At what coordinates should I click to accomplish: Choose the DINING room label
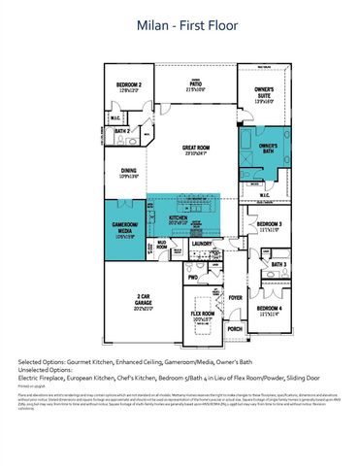coord(128,172)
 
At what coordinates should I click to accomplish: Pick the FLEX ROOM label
coord(202,315)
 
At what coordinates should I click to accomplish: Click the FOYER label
coord(235,298)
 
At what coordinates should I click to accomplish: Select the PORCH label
coord(235,329)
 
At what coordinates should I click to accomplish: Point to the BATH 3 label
coord(278,264)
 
